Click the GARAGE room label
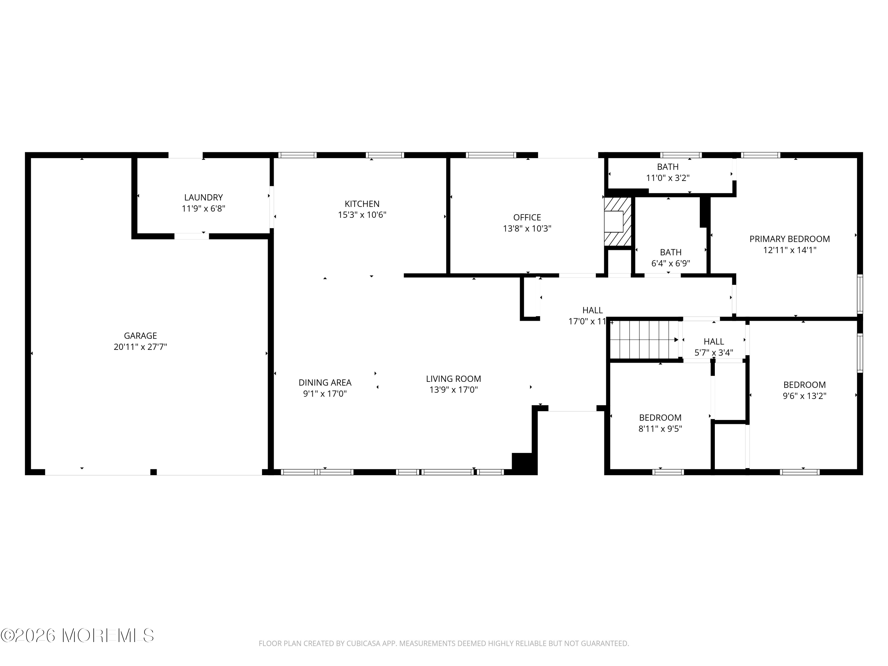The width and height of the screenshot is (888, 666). coord(140,336)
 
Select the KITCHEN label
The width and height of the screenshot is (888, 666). coord(362,204)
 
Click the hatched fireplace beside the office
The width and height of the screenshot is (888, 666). coord(617,222)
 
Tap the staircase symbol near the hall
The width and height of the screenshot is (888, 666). coord(644,340)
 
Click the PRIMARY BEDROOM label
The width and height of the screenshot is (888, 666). coord(789,239)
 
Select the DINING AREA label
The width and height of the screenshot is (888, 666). coord(325,382)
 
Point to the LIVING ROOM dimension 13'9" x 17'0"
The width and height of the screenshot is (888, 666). coord(453,390)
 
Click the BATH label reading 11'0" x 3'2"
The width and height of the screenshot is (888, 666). coord(667,167)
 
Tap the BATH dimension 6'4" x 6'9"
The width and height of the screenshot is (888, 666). coord(670,264)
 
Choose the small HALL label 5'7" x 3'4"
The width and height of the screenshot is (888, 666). coord(713,342)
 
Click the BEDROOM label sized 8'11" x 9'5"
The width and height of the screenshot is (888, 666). coord(660,417)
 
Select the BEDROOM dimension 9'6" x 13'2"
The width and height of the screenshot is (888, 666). coord(804,396)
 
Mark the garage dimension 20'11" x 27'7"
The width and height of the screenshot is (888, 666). coord(140,347)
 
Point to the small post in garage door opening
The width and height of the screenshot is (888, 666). coord(153,472)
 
